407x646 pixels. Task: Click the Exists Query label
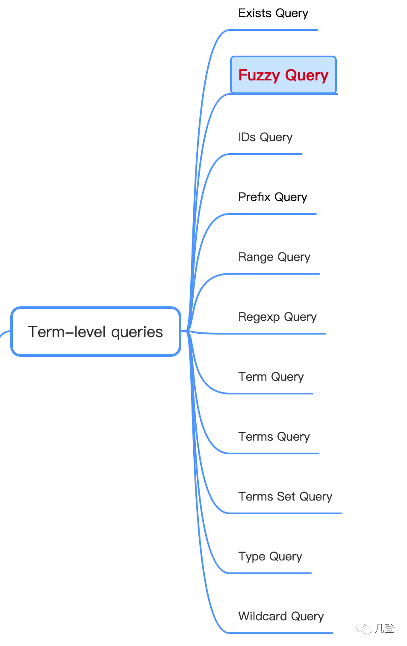click(x=273, y=13)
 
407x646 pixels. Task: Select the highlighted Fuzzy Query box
click(x=283, y=75)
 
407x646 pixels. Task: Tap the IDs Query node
click(x=265, y=137)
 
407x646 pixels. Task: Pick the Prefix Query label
click(x=273, y=197)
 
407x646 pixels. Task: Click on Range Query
click(x=274, y=257)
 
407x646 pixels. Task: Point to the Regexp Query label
click(x=277, y=317)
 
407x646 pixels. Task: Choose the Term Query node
click(x=271, y=377)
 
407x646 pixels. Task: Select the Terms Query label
click(x=274, y=437)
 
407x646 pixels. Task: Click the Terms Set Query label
click(x=285, y=497)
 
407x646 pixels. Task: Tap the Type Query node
click(x=270, y=557)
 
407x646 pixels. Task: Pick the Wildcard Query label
click(x=281, y=616)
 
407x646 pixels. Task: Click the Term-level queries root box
click(x=96, y=332)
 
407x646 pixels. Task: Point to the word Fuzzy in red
click(x=259, y=75)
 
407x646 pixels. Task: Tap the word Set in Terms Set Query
click(x=286, y=497)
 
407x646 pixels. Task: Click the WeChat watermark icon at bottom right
click(x=364, y=628)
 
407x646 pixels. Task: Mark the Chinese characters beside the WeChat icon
click(x=384, y=628)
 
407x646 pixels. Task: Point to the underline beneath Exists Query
click(x=274, y=30)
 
